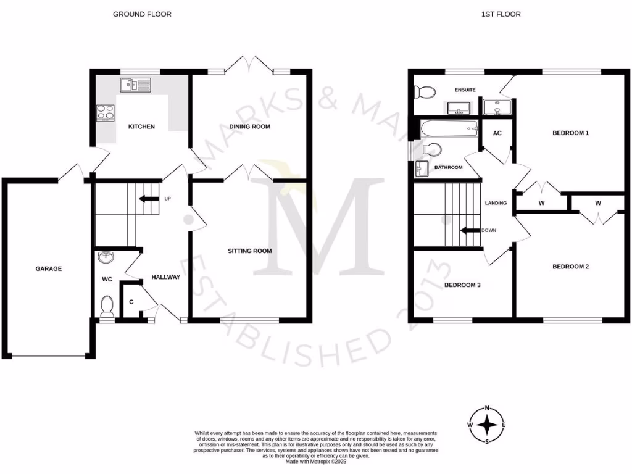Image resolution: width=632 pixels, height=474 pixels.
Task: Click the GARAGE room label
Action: [x=48, y=268]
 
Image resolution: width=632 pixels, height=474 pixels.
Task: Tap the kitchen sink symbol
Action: [x=136, y=85]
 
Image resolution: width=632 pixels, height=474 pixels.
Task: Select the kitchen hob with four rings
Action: [x=106, y=112]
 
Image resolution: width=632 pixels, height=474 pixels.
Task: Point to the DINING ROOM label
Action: [x=250, y=127]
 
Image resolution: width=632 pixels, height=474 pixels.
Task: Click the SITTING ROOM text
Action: [x=249, y=251]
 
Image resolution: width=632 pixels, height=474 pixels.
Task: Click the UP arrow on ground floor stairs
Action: [x=148, y=199]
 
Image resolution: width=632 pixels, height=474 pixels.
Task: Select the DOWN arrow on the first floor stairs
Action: [x=472, y=230]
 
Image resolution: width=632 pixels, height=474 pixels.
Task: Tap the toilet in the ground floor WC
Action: [x=107, y=304]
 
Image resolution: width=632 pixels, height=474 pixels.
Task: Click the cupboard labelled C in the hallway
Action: [x=131, y=302]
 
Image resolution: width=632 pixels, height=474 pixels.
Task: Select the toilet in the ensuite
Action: [x=424, y=93]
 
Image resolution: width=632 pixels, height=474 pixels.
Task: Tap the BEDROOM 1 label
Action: [x=570, y=133]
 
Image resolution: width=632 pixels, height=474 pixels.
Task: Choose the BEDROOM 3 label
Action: [x=462, y=285]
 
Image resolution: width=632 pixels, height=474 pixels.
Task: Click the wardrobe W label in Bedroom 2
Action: [x=598, y=202]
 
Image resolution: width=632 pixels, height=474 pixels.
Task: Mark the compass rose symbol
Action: [x=487, y=425]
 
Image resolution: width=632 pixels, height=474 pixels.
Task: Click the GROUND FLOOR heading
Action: [x=142, y=14]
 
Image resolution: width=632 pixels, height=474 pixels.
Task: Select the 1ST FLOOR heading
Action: [x=501, y=14]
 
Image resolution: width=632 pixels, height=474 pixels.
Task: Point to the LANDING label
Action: [x=496, y=202]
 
